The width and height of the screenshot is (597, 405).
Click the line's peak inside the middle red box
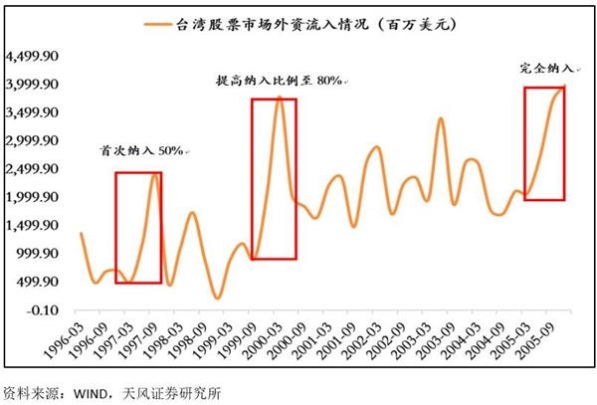pyautogui.click(x=281, y=99)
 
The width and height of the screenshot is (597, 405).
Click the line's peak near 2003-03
pyautogui.click(x=440, y=118)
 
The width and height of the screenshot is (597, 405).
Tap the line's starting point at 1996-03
pyautogui.click(x=81, y=233)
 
